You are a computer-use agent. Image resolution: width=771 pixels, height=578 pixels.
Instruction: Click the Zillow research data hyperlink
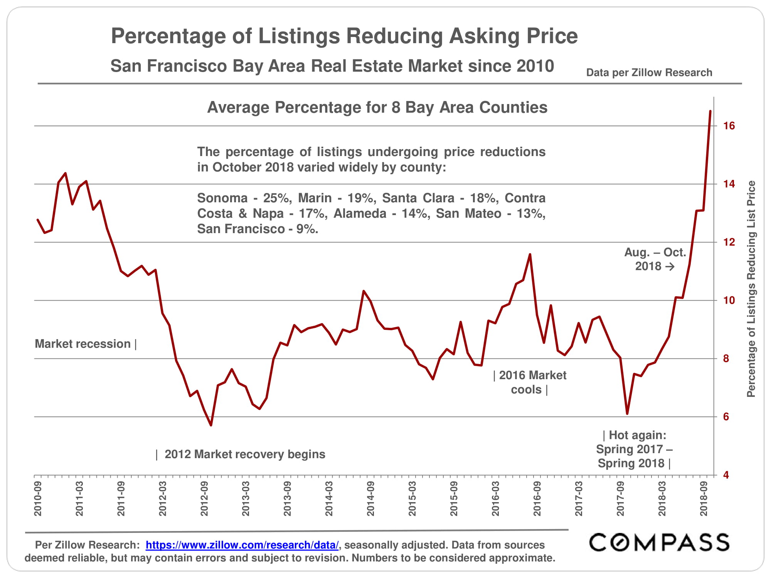[x=242, y=545]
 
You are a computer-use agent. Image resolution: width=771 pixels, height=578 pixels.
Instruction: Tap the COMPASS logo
[x=659, y=543]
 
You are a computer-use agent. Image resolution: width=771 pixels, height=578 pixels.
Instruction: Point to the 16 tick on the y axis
[x=729, y=126]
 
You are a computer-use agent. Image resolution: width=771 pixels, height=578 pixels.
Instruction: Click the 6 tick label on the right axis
[x=726, y=417]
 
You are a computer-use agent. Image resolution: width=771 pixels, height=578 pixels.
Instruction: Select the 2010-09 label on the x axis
[x=38, y=499]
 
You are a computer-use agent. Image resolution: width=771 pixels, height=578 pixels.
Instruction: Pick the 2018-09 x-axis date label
[x=704, y=499]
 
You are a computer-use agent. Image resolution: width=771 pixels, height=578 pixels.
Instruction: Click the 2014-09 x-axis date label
[x=370, y=499]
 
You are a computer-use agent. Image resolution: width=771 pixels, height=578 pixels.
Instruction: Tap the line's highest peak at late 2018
[x=710, y=111]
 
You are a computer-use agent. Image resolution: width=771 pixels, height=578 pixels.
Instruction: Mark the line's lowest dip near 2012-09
[x=211, y=425]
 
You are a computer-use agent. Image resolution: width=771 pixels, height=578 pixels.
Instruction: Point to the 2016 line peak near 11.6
[x=530, y=254]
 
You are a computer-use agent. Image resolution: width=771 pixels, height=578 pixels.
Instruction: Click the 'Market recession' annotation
[x=83, y=344]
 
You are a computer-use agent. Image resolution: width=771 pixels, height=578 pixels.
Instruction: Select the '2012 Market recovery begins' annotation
[x=245, y=454]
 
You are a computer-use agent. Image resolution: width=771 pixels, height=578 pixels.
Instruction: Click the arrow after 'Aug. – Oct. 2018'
[x=670, y=266]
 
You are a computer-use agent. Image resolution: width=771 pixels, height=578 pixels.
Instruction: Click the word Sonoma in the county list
[x=222, y=198]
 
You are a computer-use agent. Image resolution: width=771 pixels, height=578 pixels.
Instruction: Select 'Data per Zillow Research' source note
[x=649, y=72]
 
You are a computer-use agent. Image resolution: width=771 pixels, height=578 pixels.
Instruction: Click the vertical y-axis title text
[x=751, y=289]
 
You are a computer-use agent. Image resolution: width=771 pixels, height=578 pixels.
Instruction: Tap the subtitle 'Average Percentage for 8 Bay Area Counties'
[x=377, y=108]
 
